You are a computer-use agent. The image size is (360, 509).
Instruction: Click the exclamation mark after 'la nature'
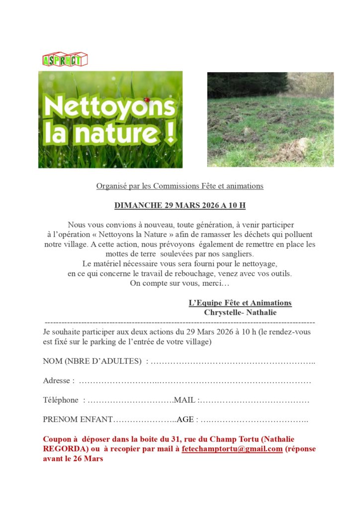pos(171,133)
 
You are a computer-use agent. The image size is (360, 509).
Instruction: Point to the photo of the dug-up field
pos(270,119)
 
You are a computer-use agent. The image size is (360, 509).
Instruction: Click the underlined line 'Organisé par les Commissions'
pos(180,186)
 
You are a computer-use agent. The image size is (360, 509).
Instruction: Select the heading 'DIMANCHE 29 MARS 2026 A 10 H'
pos(180,205)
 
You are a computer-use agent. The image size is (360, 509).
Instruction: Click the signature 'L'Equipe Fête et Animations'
pos(240,303)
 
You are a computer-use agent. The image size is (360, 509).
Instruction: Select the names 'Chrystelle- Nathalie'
pos(240,313)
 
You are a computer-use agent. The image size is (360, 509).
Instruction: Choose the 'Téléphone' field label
pos(61,400)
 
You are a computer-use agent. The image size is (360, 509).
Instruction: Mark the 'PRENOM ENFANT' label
pos(78,419)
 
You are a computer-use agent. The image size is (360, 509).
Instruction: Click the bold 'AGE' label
pos(185,419)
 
